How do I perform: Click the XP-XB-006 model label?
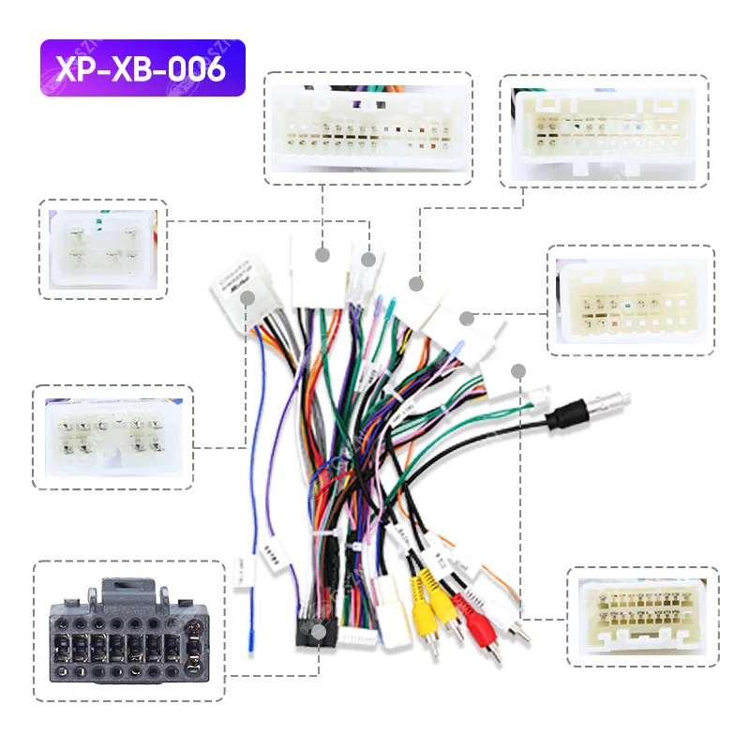(142, 67)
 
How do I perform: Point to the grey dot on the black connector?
(320, 633)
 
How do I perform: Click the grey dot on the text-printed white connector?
(248, 298)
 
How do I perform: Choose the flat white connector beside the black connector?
(357, 637)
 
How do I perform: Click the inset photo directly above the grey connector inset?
(112, 436)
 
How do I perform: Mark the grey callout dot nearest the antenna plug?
(518, 371)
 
